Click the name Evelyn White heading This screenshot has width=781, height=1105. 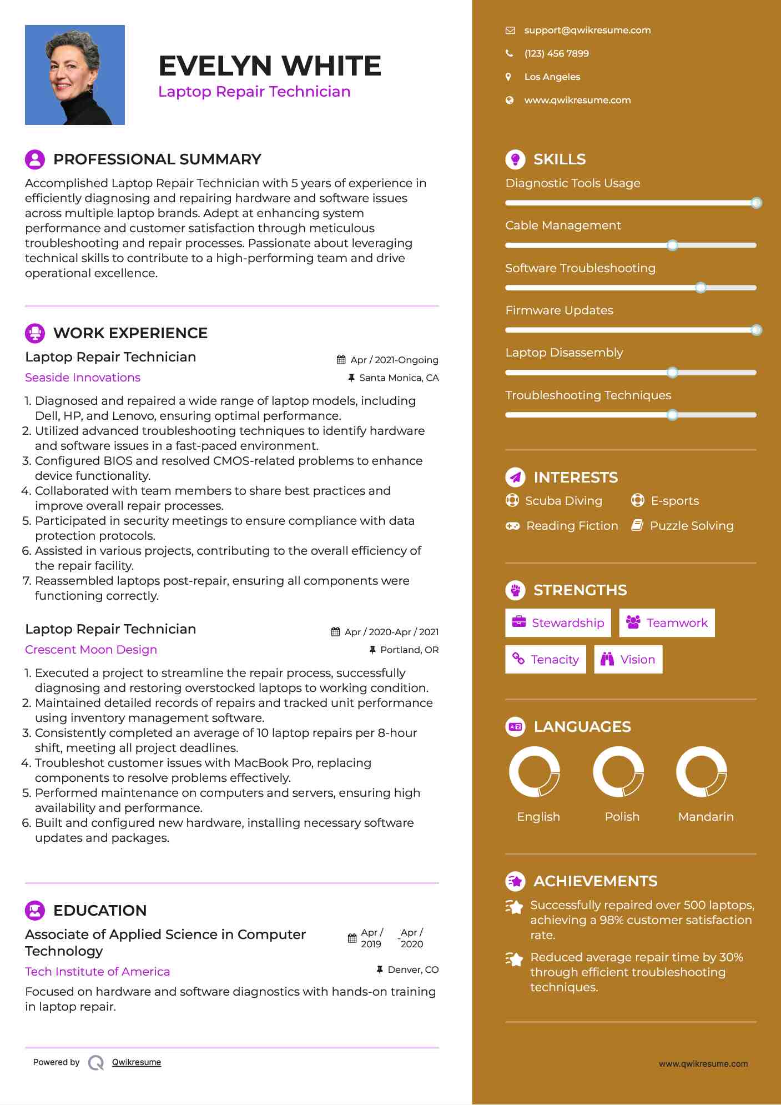[x=270, y=66]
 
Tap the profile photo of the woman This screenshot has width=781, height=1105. [x=75, y=75]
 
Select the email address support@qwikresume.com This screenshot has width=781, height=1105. [x=587, y=30]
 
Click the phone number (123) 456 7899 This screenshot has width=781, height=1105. [x=556, y=53]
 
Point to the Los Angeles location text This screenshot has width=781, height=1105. [x=552, y=77]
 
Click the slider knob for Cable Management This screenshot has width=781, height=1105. [x=672, y=245]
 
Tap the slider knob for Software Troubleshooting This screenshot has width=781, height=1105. [x=701, y=288]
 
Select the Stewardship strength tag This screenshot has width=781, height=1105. [x=558, y=622]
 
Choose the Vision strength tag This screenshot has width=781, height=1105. [x=628, y=659]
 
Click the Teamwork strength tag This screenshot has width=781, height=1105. [x=667, y=622]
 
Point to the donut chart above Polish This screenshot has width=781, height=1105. [x=618, y=771]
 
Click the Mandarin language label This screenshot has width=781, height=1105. [x=706, y=816]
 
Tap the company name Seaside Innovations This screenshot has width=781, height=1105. [x=83, y=378]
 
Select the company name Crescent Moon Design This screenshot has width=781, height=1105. [x=91, y=650]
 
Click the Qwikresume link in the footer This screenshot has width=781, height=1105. [x=137, y=1062]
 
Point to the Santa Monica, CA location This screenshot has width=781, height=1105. [x=399, y=378]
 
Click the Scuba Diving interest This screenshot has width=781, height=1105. [x=563, y=501]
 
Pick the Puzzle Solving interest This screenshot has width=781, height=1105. [x=691, y=526]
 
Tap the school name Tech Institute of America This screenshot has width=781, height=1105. [x=98, y=972]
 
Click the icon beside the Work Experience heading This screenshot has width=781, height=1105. [x=35, y=333]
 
